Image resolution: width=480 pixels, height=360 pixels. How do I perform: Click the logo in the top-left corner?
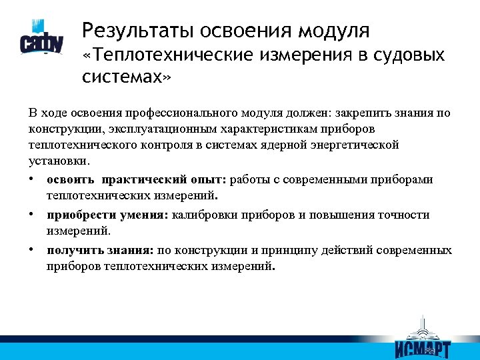point(41,39)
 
